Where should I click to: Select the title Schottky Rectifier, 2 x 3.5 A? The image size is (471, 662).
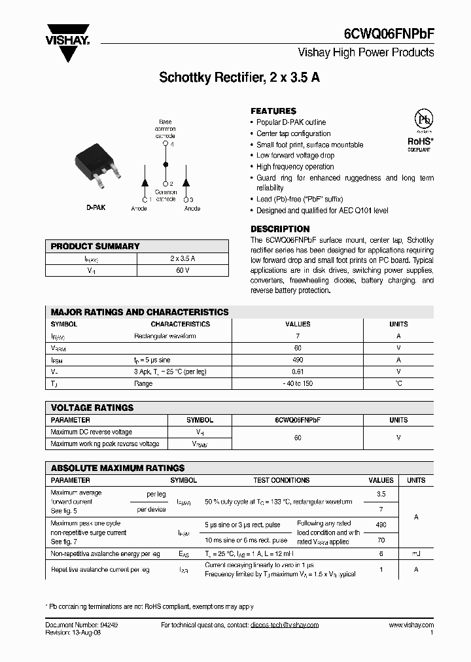[239, 78]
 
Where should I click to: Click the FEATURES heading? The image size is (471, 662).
[273, 111]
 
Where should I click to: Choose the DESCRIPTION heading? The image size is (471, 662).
[280, 229]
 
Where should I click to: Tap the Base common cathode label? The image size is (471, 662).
[166, 129]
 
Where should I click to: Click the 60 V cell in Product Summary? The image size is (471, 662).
[183, 270]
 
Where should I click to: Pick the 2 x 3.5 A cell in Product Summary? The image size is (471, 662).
[183, 259]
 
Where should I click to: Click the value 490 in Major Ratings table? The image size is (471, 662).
[298, 360]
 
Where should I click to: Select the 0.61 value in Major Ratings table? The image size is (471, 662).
[298, 372]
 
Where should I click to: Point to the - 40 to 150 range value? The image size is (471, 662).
[298, 383]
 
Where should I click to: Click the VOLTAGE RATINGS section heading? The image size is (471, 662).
[92, 408]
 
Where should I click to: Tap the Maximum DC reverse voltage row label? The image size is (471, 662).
[91, 432]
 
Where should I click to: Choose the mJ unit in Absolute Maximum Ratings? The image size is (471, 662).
[415, 553]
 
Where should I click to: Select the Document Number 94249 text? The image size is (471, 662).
[82, 625]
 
